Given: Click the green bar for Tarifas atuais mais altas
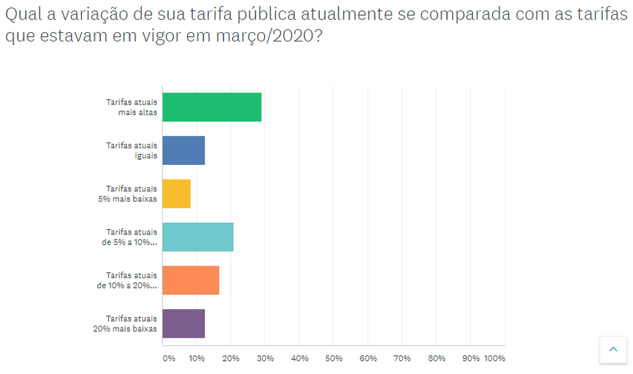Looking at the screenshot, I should pos(212,107).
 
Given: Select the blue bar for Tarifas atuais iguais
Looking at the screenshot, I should pos(183,151).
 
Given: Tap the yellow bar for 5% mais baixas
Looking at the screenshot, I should pos(176,194).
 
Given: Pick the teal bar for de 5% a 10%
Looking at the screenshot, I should pos(198,237).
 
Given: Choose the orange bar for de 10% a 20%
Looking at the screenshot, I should pos(191,280).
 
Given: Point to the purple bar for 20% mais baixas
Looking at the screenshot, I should pos(183,324).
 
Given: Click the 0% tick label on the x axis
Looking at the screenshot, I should pos(169,358).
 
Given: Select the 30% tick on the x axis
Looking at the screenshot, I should pos(265,358).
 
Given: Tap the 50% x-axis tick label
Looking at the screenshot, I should pos(333,358).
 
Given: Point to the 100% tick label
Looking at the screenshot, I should pos(494,358).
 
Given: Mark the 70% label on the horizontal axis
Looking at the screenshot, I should pos(402,358).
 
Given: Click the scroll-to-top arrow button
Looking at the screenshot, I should pos(614,350).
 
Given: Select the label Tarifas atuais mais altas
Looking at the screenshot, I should pos(132,107).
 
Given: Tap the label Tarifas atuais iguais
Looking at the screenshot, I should pos(132,151).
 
